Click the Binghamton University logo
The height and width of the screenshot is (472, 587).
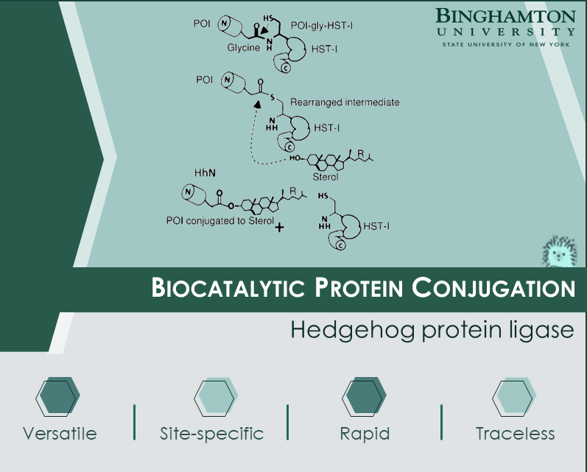click(x=505, y=28)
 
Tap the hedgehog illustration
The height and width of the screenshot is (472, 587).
click(x=559, y=251)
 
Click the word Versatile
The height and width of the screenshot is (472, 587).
click(x=60, y=434)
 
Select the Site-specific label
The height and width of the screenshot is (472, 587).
click(x=212, y=434)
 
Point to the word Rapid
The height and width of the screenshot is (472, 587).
click(x=365, y=434)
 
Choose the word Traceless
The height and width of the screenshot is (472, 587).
click(x=516, y=434)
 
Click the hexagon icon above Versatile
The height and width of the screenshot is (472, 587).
click(x=58, y=397)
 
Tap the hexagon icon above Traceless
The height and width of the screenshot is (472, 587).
click(x=514, y=397)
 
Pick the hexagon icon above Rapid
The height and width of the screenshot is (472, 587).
click(x=364, y=397)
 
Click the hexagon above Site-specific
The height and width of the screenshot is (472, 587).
click(x=216, y=397)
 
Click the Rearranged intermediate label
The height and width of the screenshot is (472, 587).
click(x=345, y=102)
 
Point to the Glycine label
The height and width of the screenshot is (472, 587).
click(x=243, y=48)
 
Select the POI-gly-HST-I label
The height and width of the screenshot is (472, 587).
click(x=322, y=26)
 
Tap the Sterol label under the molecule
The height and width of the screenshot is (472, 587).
click(x=326, y=177)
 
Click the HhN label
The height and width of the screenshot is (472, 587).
click(x=205, y=172)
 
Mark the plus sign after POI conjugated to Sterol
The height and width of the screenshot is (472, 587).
click(x=279, y=228)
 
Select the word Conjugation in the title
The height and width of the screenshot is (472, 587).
click(x=493, y=288)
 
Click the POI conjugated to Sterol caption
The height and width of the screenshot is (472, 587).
click(x=220, y=221)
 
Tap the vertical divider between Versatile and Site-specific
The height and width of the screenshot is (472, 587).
click(x=134, y=422)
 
